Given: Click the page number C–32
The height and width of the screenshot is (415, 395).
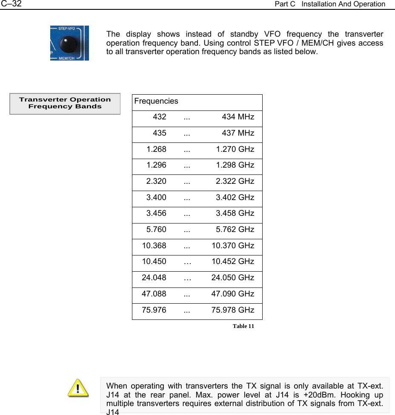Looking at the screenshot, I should [x=11, y=4].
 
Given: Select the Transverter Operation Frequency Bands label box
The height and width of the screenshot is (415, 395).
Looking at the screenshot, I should [x=65, y=103].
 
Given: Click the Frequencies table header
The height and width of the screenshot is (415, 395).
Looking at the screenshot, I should [x=156, y=102].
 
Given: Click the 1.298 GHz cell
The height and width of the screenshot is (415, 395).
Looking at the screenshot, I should [x=235, y=165].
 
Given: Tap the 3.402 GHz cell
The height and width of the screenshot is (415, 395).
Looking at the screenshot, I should [x=235, y=197].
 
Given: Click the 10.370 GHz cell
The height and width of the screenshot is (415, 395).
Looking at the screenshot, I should [x=233, y=246].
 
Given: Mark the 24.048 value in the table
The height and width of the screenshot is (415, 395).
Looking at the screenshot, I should [x=154, y=278].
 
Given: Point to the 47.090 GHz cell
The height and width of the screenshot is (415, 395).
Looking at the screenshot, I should [x=233, y=294].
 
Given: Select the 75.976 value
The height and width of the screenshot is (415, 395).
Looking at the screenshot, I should [x=154, y=310].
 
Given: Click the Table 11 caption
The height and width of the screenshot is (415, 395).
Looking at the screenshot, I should [x=243, y=326].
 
